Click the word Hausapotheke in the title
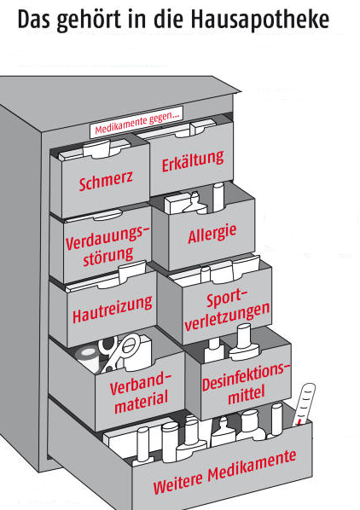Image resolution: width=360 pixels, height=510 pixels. tap(260, 20)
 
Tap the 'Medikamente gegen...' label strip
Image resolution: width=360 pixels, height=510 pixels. tap(136, 122)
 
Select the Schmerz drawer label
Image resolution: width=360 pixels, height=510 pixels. tap(106, 180)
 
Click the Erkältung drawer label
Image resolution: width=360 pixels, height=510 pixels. tap(193, 161)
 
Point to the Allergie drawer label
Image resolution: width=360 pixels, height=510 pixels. tap(212, 234)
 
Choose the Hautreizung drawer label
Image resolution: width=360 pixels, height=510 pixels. tap(113, 310)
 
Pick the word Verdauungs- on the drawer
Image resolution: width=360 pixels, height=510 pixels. tap(107, 238)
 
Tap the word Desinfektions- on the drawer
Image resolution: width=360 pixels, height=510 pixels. tap(246, 377)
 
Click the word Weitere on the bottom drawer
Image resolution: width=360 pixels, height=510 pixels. tap(178, 483)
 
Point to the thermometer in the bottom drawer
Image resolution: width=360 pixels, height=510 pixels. tap(304, 404)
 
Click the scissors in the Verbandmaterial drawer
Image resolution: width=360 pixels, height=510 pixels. tap(119, 351)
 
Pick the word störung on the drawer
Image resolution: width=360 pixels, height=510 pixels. tap(108, 257)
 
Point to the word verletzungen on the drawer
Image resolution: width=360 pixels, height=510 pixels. tap(227, 316)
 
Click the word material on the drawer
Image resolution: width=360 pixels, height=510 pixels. tap(141, 403)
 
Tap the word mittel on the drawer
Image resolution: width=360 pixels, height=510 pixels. tap(247, 395)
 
